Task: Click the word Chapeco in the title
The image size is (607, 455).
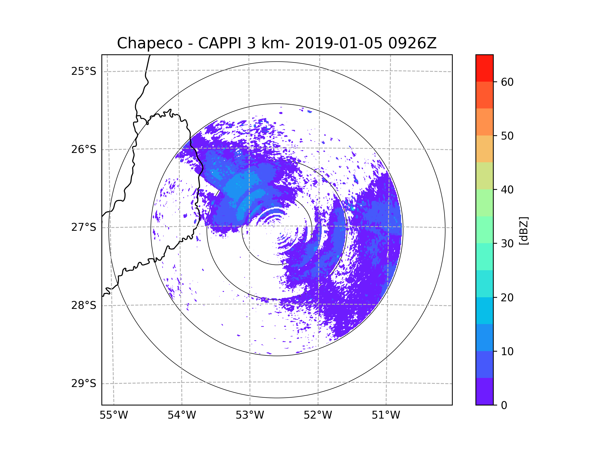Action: (x=149, y=43)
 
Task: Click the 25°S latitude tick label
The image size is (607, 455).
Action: (x=84, y=72)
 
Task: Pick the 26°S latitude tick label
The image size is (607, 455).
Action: (x=84, y=150)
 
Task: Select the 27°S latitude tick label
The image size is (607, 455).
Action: (x=84, y=227)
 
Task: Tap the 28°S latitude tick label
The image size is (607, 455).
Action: (x=84, y=305)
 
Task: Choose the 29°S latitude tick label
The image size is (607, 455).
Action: (x=84, y=383)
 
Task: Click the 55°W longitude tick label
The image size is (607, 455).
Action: (x=114, y=415)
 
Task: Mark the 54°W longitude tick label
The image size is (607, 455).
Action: (x=182, y=415)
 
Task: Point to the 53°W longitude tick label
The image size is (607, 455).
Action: (x=250, y=415)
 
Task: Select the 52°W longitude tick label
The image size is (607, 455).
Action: (x=318, y=415)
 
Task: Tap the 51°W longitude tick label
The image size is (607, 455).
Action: (x=386, y=415)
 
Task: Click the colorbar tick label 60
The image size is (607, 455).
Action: (x=507, y=82)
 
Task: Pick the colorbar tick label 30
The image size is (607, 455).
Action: (x=507, y=243)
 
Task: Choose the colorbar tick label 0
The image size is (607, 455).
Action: (x=504, y=405)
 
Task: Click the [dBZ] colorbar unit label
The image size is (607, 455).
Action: (x=524, y=231)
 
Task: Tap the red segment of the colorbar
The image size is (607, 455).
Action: (x=484, y=68)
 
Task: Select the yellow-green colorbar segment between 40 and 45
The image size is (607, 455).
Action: (x=484, y=176)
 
